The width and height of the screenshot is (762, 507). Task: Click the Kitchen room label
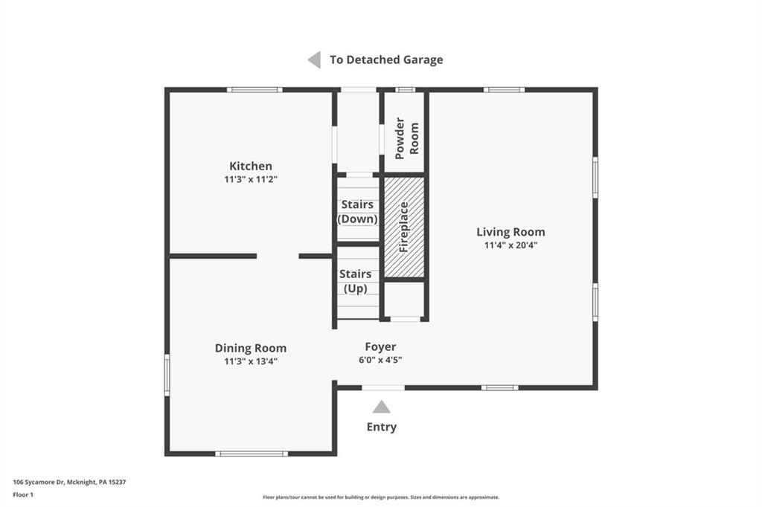[x=250, y=166]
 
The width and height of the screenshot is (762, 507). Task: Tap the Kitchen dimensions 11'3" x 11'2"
[x=250, y=179]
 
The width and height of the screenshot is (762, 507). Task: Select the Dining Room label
[x=250, y=348]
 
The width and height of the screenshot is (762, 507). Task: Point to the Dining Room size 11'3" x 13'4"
[x=250, y=361]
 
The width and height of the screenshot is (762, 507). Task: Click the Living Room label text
[x=510, y=232]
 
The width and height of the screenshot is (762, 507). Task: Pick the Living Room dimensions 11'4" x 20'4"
[x=510, y=245]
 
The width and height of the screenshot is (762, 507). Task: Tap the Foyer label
[x=380, y=346]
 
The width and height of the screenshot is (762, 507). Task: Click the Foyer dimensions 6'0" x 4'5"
[x=380, y=360]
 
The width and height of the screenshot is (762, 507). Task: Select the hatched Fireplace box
[x=404, y=227]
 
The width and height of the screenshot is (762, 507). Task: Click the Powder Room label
[x=407, y=137]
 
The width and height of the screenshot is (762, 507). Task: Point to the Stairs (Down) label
[x=357, y=212]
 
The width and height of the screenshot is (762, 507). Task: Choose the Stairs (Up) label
[x=355, y=281]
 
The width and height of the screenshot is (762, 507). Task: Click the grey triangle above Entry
[x=382, y=407]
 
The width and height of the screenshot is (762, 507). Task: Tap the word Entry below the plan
[x=382, y=427]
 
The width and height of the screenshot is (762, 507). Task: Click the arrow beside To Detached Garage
[x=315, y=59]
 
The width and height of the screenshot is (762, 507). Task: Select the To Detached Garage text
[x=386, y=59]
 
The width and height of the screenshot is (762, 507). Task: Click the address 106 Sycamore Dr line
[x=69, y=482]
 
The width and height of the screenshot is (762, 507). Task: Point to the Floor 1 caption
[x=25, y=494]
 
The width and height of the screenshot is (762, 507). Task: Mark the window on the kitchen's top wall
[x=254, y=90]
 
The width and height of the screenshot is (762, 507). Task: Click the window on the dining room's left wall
[x=167, y=375]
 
